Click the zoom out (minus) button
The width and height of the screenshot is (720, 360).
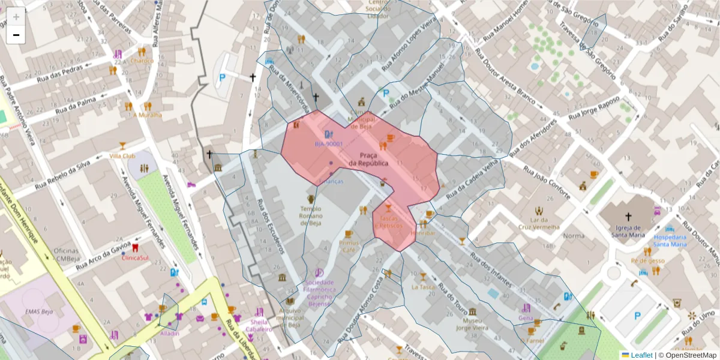point(16,35)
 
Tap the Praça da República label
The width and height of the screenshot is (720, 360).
point(368,160)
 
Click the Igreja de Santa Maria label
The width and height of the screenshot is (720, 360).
point(628,232)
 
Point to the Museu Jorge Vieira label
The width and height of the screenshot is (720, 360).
point(473,324)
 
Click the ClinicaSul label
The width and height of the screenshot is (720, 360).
point(135,258)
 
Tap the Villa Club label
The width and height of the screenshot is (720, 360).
point(122,156)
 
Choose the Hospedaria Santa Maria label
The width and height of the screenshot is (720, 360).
point(670,241)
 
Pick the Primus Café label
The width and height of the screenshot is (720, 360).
point(349,246)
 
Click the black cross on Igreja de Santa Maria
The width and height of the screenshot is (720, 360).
point(628,217)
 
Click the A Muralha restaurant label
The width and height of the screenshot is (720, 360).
point(147,115)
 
